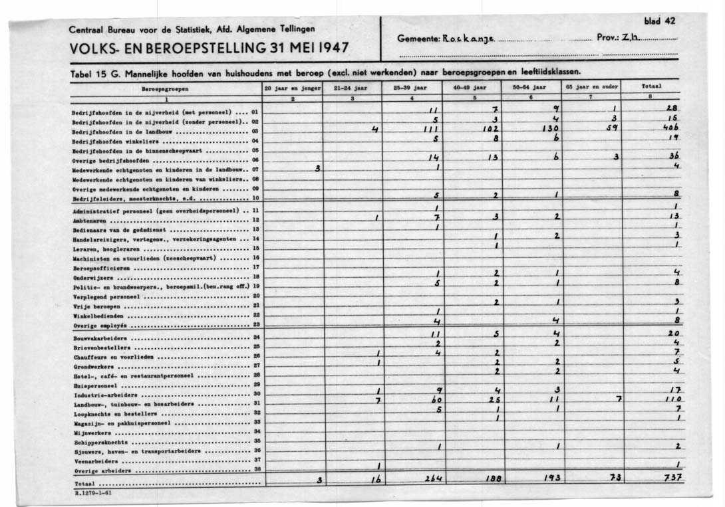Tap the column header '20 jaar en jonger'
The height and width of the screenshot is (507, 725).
point(293,87)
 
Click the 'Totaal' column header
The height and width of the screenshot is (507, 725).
point(651,86)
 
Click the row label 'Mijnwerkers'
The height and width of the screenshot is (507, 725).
point(92,432)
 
